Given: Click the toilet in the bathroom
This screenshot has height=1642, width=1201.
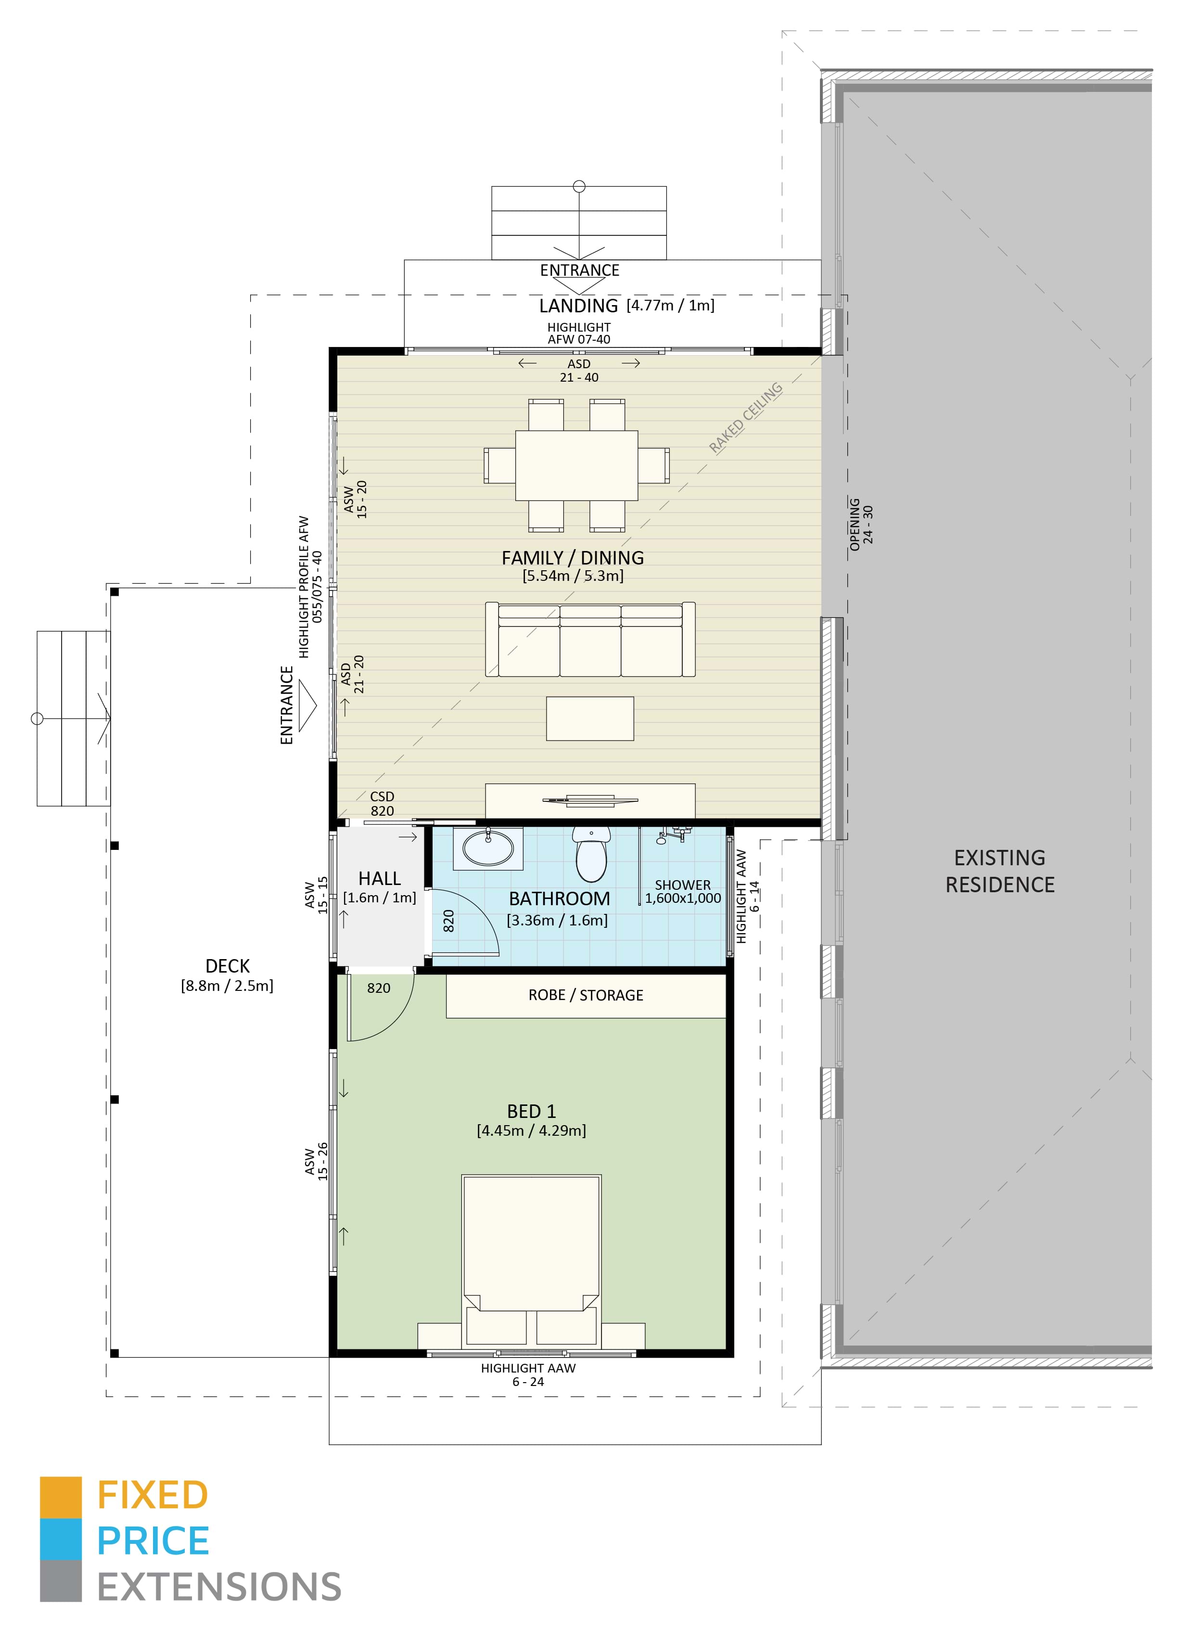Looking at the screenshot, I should (x=590, y=856).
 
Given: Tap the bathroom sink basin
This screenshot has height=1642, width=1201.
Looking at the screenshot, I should (x=488, y=848).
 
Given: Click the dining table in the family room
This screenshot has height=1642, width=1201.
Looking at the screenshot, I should (x=576, y=465).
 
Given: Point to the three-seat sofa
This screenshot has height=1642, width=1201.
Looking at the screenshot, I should (x=589, y=640).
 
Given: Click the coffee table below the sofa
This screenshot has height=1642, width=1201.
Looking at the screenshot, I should (x=589, y=718).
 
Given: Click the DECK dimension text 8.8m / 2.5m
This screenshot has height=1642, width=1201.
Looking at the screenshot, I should (x=227, y=986).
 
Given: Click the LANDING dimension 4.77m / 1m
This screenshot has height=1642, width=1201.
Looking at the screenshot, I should (x=670, y=306).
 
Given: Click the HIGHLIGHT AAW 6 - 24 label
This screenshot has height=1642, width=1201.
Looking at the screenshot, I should (x=528, y=1374).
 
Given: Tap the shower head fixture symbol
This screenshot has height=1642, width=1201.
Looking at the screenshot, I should (x=662, y=840).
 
